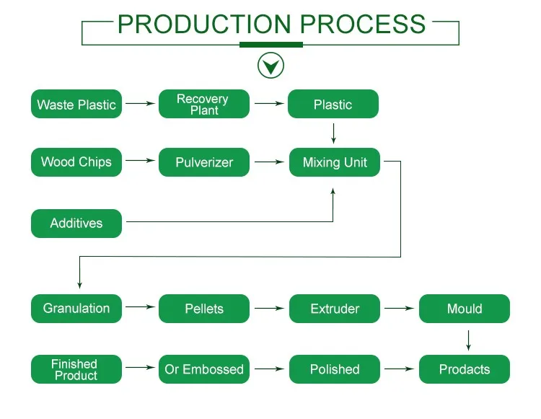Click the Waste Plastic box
tap(76, 104)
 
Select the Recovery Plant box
tap(204, 104)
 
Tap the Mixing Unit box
tap(334, 162)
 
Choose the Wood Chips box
tap(76, 162)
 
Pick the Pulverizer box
tap(204, 162)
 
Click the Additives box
tap(76, 223)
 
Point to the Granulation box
tap(76, 308)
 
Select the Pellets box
tap(204, 309)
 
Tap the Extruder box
tap(334, 309)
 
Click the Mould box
tap(464, 309)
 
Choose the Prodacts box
tap(464, 369)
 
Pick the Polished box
tap(334, 369)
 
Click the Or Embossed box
tap(204, 369)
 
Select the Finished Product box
tap(76, 369)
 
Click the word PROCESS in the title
tap(363, 25)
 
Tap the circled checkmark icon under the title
tap(270, 66)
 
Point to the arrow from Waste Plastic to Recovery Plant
tap(140, 104)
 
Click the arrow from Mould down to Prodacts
tap(468, 340)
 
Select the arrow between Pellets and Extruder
tap(269, 309)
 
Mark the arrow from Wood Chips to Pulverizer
tap(140, 162)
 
